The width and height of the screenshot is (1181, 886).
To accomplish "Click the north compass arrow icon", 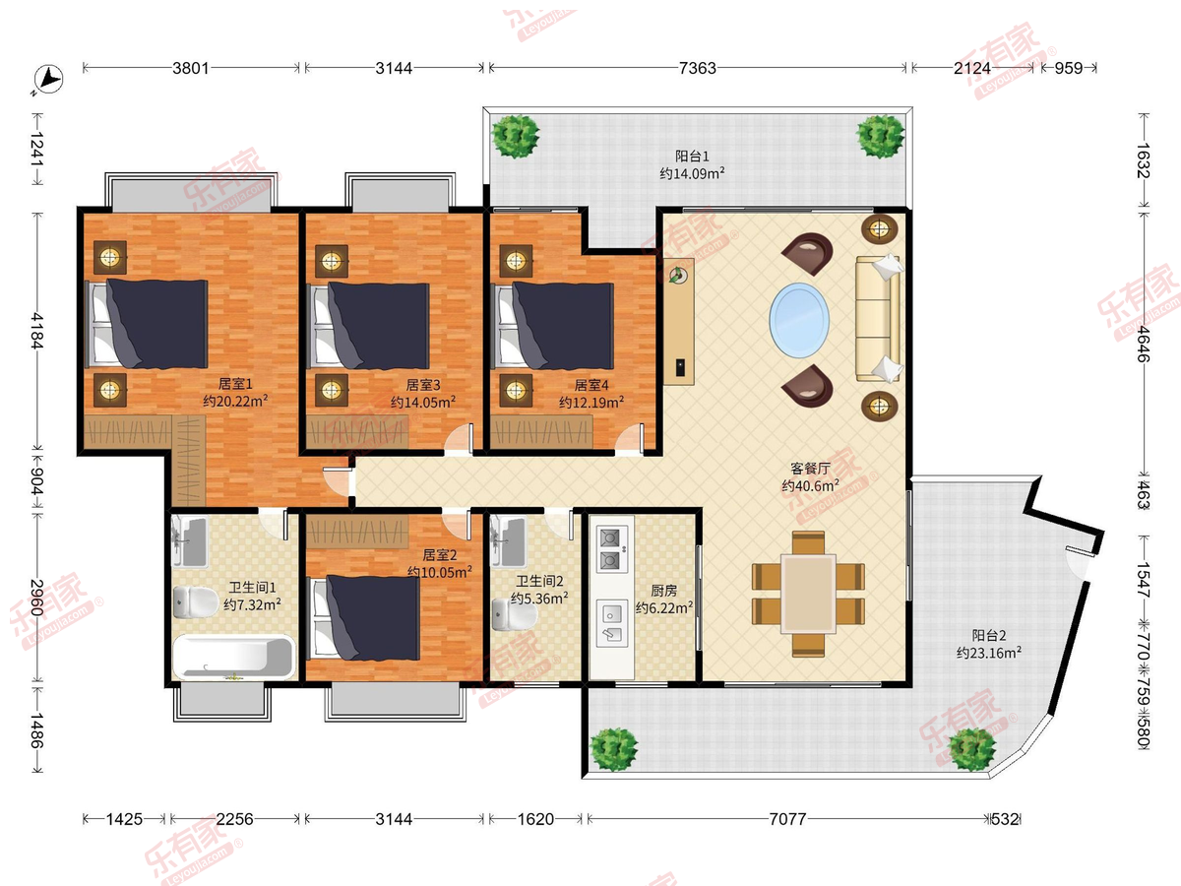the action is pyautogui.click(x=48, y=80).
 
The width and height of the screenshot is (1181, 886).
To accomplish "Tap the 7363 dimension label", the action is pyautogui.click(x=698, y=68).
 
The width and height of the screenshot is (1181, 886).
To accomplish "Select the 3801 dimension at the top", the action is pyautogui.click(x=191, y=68).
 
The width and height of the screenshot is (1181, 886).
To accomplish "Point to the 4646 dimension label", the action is pyautogui.click(x=1144, y=345).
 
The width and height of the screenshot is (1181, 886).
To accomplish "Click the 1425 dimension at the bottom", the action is pyautogui.click(x=124, y=819).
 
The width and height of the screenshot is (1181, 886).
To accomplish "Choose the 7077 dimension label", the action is pyautogui.click(x=787, y=819).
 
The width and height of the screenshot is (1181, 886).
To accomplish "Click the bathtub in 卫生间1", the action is pyautogui.click(x=234, y=658).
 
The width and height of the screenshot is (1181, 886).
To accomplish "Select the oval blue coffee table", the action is pyautogui.click(x=799, y=320).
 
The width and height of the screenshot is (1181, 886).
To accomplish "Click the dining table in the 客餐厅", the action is pyautogui.click(x=808, y=594).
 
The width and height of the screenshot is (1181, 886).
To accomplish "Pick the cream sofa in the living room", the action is pyautogui.click(x=879, y=318).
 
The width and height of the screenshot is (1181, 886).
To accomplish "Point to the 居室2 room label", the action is pyautogui.click(x=440, y=555).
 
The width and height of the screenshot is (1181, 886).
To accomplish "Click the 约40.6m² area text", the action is pyautogui.click(x=810, y=485).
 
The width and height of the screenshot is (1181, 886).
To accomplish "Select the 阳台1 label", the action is pyautogui.click(x=692, y=156).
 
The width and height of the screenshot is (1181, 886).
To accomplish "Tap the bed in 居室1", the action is pyautogui.click(x=147, y=324).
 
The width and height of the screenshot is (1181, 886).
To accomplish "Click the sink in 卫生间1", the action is pyautogui.click(x=189, y=541).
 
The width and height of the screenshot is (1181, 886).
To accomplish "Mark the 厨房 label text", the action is pyautogui.click(x=664, y=591).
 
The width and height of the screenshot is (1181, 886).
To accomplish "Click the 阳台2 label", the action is pyautogui.click(x=989, y=635).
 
